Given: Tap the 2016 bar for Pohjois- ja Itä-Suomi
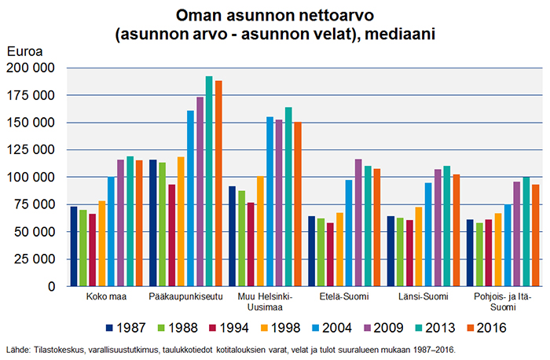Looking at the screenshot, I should point(534,236).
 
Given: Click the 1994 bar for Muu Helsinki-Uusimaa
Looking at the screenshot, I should point(251,244).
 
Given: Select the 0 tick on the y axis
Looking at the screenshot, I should point(51,287).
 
